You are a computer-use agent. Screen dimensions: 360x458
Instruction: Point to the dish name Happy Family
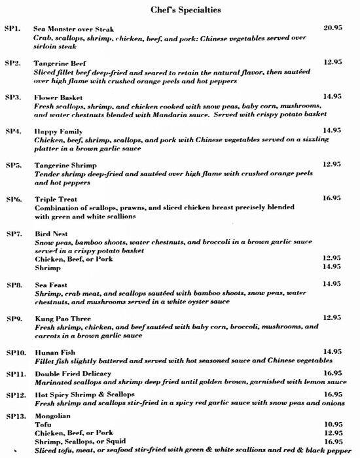click(x=56, y=131)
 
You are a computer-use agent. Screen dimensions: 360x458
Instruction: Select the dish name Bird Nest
click(x=49, y=233)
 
